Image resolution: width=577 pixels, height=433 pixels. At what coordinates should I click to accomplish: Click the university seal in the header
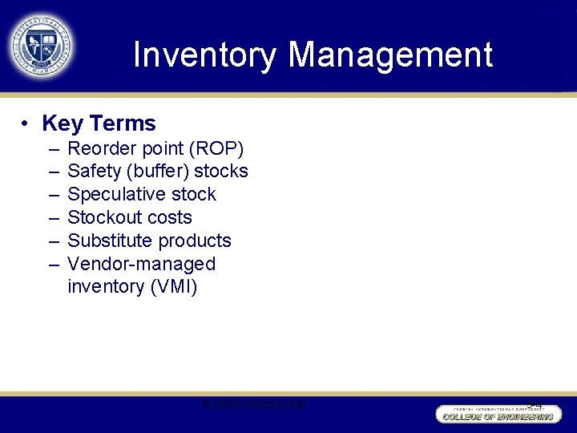click(x=40, y=45)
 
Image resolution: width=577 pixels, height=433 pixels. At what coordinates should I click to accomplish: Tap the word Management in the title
click(x=390, y=55)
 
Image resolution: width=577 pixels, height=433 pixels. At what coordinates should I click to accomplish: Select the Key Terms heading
click(x=99, y=123)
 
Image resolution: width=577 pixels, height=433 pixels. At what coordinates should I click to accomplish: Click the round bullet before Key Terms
click(x=26, y=123)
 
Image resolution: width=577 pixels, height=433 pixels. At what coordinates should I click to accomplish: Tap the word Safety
click(x=93, y=172)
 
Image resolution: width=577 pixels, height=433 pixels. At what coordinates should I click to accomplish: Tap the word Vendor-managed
click(x=142, y=264)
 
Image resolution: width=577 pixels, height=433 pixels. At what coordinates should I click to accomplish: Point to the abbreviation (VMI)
click(x=173, y=287)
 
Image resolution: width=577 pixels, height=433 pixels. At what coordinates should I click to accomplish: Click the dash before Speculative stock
click(x=52, y=195)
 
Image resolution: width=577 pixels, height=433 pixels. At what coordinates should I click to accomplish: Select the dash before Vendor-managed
click(x=52, y=264)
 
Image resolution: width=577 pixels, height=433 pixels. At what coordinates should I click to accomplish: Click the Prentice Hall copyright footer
click(x=255, y=405)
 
